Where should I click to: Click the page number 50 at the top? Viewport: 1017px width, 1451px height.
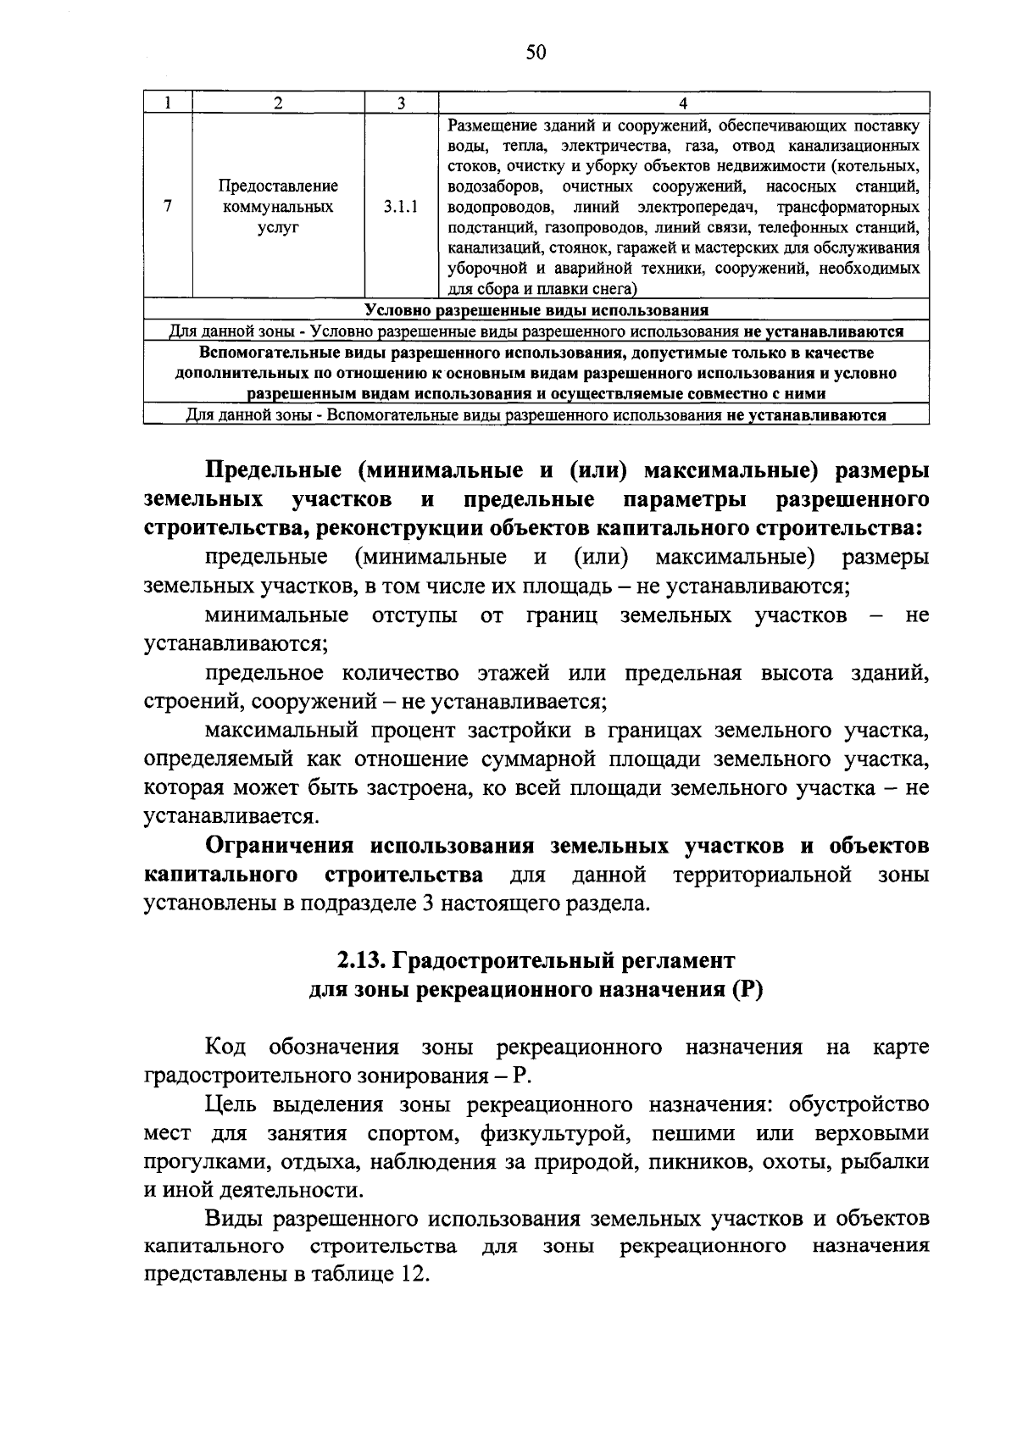(x=536, y=53)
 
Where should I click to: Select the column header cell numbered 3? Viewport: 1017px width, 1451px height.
(x=401, y=103)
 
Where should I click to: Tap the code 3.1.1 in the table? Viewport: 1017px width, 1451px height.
(x=401, y=207)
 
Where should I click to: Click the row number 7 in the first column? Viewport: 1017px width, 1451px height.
(x=169, y=207)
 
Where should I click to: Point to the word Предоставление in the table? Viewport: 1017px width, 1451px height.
(x=278, y=186)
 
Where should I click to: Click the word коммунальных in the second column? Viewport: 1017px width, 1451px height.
(x=278, y=207)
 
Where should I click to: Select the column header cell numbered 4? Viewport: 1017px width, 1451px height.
(x=683, y=103)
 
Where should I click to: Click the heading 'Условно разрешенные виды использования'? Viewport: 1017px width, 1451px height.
(x=536, y=310)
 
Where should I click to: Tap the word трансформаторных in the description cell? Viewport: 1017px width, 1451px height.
(x=848, y=207)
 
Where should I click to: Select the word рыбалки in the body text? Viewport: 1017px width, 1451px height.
(x=885, y=1162)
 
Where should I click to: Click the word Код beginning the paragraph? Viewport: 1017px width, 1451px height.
(x=225, y=1048)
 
